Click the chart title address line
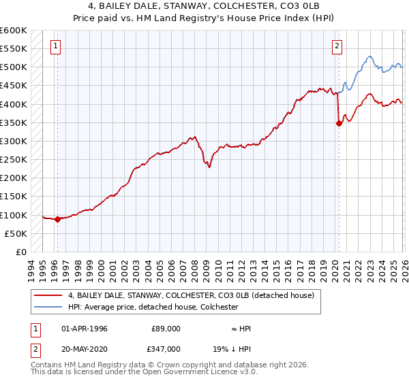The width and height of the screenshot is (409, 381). tap(204, 6)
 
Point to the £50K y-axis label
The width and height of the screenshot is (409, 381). tap(16, 233)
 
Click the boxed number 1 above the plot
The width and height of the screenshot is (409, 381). tap(55, 46)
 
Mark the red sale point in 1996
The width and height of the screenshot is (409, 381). tap(57, 219)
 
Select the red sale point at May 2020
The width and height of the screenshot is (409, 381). tap(339, 123)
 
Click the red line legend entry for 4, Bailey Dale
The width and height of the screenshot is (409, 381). tap(191, 296)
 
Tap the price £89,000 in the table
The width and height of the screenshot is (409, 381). tap(166, 329)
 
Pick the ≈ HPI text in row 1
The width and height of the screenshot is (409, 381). tap(241, 329)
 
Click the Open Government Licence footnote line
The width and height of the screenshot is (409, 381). tap(145, 373)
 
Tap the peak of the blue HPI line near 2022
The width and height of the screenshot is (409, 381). tap(368, 56)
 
